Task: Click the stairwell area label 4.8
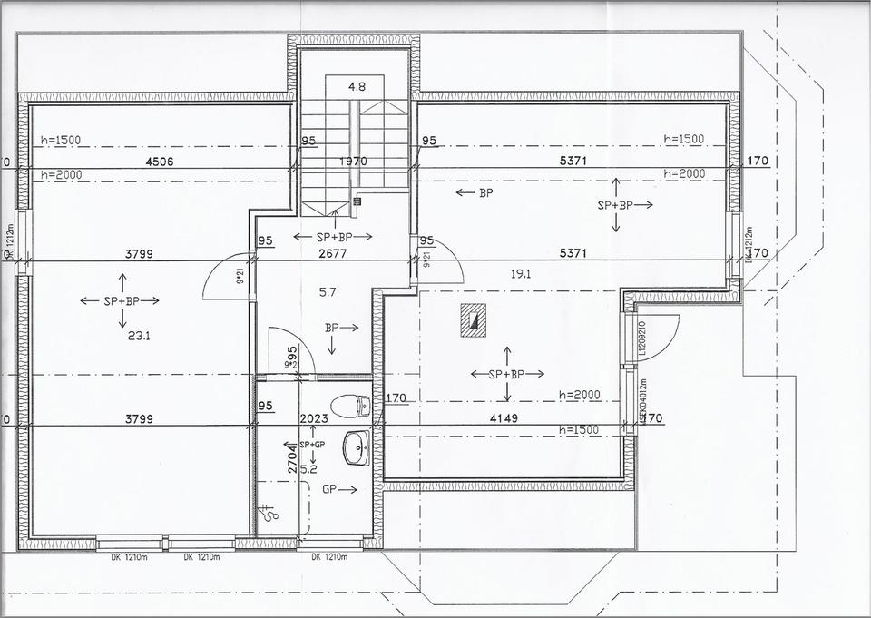point(357,87)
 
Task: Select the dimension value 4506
point(159,162)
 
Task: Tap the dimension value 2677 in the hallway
point(334,254)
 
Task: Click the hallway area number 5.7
point(329,292)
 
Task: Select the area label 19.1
point(519,272)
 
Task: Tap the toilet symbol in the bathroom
point(350,405)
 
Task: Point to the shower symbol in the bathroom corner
point(269,514)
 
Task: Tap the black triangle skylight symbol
point(473,319)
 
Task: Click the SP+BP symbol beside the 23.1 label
point(120,300)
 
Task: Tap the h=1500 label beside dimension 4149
point(580,430)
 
